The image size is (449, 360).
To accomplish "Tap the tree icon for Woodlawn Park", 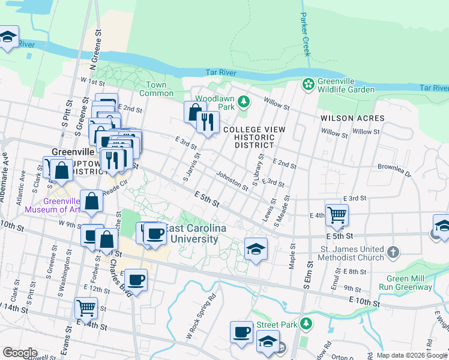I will tap(243, 100).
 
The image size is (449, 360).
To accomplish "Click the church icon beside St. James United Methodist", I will tap(393, 252).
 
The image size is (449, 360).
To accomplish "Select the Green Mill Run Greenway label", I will tap(409, 283).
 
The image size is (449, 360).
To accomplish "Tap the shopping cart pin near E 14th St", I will tap(86, 308).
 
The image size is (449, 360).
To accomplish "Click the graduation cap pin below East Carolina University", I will tap(256, 249).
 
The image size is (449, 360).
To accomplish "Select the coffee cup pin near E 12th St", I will tap(136, 279).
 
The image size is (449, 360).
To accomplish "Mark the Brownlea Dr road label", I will tap(394, 170).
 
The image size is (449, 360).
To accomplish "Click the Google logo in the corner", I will tap(19, 352).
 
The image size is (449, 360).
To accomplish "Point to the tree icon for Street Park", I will tap(306, 324).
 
